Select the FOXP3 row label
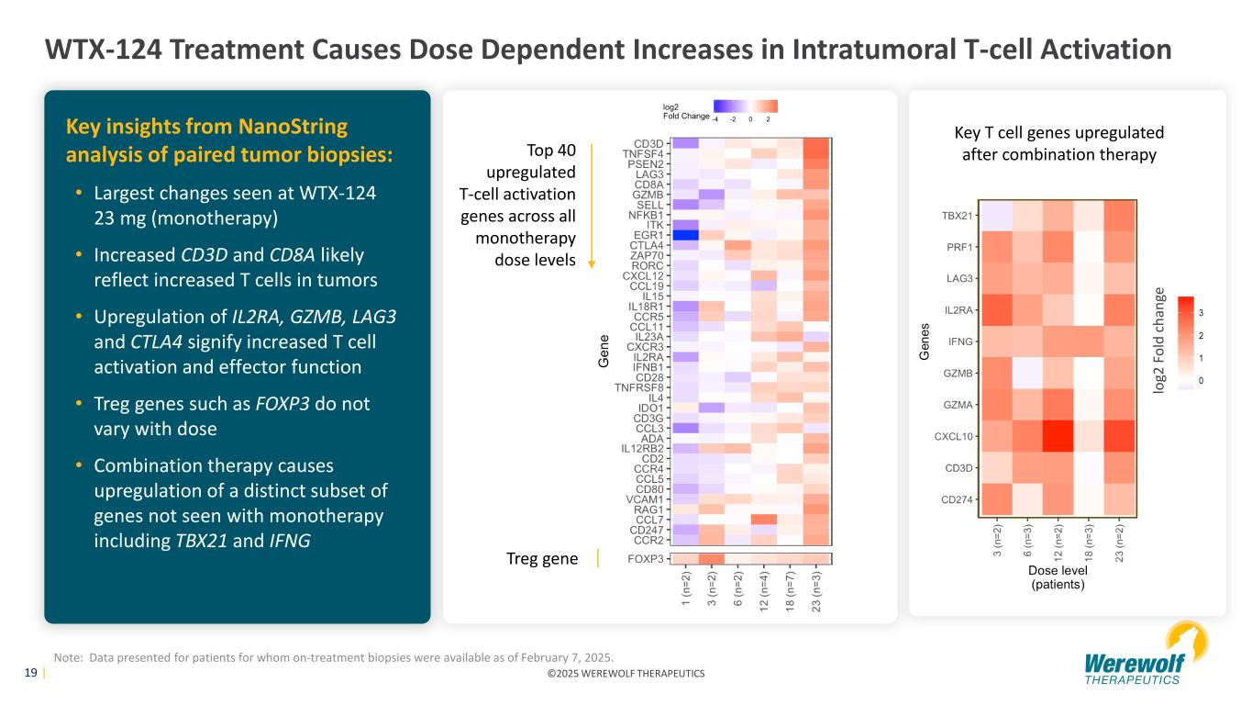[x=646, y=559]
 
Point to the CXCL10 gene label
[x=954, y=437]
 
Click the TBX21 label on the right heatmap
[x=958, y=215]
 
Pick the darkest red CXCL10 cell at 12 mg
[x=1057, y=437]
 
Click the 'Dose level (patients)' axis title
[x=1058, y=577]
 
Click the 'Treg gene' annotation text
[x=541, y=559]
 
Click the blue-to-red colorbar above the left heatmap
[x=746, y=106]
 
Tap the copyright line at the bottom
[x=626, y=674]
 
